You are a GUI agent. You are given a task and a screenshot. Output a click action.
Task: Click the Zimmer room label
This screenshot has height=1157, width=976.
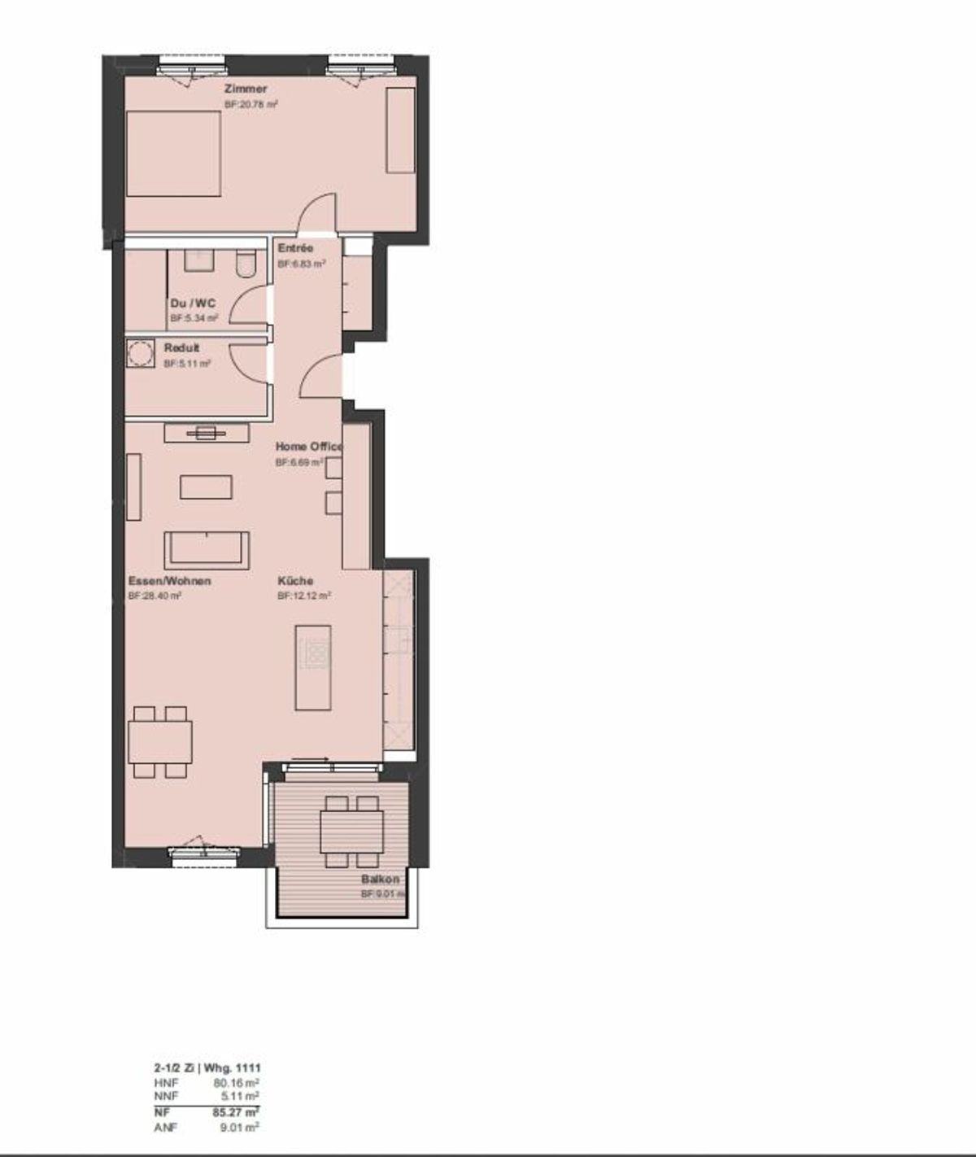[245, 89]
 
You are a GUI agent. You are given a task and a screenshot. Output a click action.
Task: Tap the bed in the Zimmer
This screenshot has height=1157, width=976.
[174, 154]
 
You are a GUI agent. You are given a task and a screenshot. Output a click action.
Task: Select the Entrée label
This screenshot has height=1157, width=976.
[294, 248]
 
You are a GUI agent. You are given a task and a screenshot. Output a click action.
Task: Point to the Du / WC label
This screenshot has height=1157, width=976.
[193, 303]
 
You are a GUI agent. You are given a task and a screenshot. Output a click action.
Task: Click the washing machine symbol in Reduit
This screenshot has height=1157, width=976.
[140, 353]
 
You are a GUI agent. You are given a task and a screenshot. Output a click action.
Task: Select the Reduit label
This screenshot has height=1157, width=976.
[181, 348]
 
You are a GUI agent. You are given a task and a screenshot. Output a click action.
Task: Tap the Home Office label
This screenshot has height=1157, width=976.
[309, 447]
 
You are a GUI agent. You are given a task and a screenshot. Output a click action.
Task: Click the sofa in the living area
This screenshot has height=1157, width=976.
[207, 549]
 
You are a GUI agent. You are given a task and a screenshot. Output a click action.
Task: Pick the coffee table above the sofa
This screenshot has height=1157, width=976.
[206, 487]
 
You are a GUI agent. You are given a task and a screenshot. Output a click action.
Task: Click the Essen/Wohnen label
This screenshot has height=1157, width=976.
[170, 581]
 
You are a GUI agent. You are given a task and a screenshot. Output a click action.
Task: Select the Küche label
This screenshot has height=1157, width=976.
[295, 581]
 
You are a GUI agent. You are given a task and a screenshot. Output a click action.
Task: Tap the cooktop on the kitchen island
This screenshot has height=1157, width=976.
[314, 652]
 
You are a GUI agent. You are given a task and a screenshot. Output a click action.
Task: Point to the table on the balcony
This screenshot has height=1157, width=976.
[351, 832]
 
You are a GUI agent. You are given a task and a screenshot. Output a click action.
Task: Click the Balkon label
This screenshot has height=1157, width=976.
[381, 880]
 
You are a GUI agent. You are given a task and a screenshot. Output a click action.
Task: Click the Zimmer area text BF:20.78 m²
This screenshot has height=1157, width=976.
[252, 104]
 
